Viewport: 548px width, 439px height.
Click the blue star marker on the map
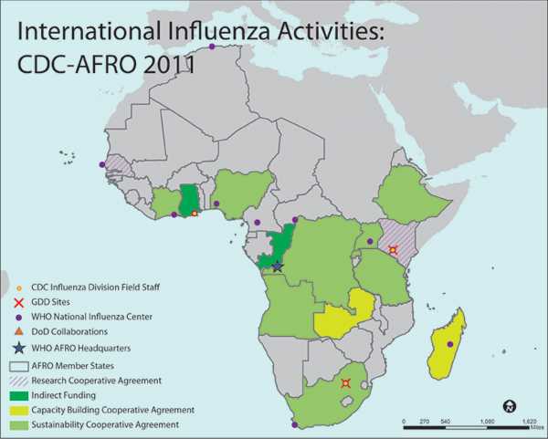[278, 266]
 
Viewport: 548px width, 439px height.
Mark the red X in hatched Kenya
[393, 250]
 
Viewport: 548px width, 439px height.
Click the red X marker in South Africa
[345, 384]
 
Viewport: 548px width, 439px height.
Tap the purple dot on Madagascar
[450, 344]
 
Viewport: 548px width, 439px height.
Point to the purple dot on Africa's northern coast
[213, 46]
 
